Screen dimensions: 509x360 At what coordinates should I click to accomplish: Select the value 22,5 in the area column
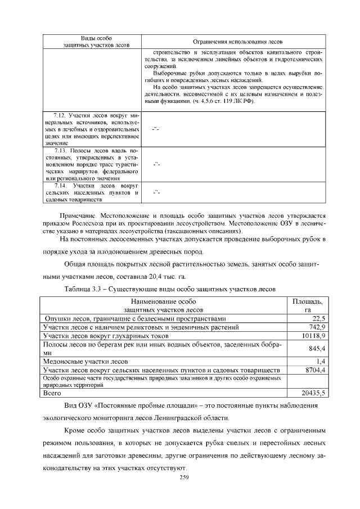(x=319, y=318)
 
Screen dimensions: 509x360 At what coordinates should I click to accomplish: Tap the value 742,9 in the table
(x=317, y=327)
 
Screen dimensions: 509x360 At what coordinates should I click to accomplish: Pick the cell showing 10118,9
(x=314, y=335)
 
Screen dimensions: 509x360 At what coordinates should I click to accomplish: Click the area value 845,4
(x=317, y=348)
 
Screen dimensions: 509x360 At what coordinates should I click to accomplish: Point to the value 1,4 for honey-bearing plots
(x=321, y=361)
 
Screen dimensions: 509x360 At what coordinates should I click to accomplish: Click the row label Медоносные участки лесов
(x=85, y=361)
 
